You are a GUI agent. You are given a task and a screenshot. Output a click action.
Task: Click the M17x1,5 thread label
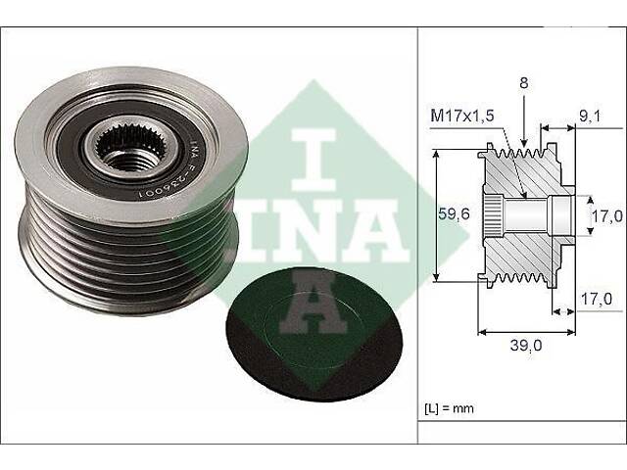pos(462,116)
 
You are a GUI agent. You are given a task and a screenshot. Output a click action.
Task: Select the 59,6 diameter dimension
pos(454,214)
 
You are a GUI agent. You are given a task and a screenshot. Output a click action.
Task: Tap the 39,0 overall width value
pos(526,345)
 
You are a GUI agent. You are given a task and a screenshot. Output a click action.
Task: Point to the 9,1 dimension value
pos(590,117)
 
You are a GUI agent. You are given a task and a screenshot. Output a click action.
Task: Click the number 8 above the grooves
pos(524,82)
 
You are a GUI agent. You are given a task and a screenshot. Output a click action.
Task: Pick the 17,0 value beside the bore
pos(607,216)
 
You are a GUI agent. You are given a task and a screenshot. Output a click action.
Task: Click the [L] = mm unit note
pos(449,408)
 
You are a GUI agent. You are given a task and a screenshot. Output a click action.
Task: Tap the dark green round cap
pos(313,334)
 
